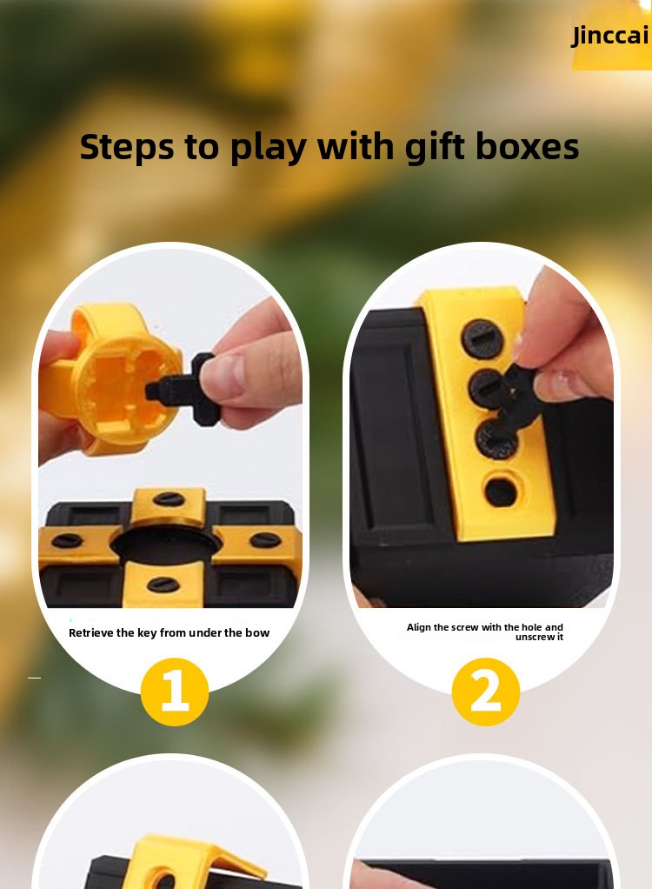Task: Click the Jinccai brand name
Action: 610,36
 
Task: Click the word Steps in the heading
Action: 126,147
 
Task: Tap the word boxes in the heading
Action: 527,146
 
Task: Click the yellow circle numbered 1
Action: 175,692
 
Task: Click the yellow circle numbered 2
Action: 485,692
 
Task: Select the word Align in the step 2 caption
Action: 419,627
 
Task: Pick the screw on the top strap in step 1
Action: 169,499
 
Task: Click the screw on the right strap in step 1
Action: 266,539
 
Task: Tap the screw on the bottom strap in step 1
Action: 161,584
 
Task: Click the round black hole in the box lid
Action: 165,545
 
